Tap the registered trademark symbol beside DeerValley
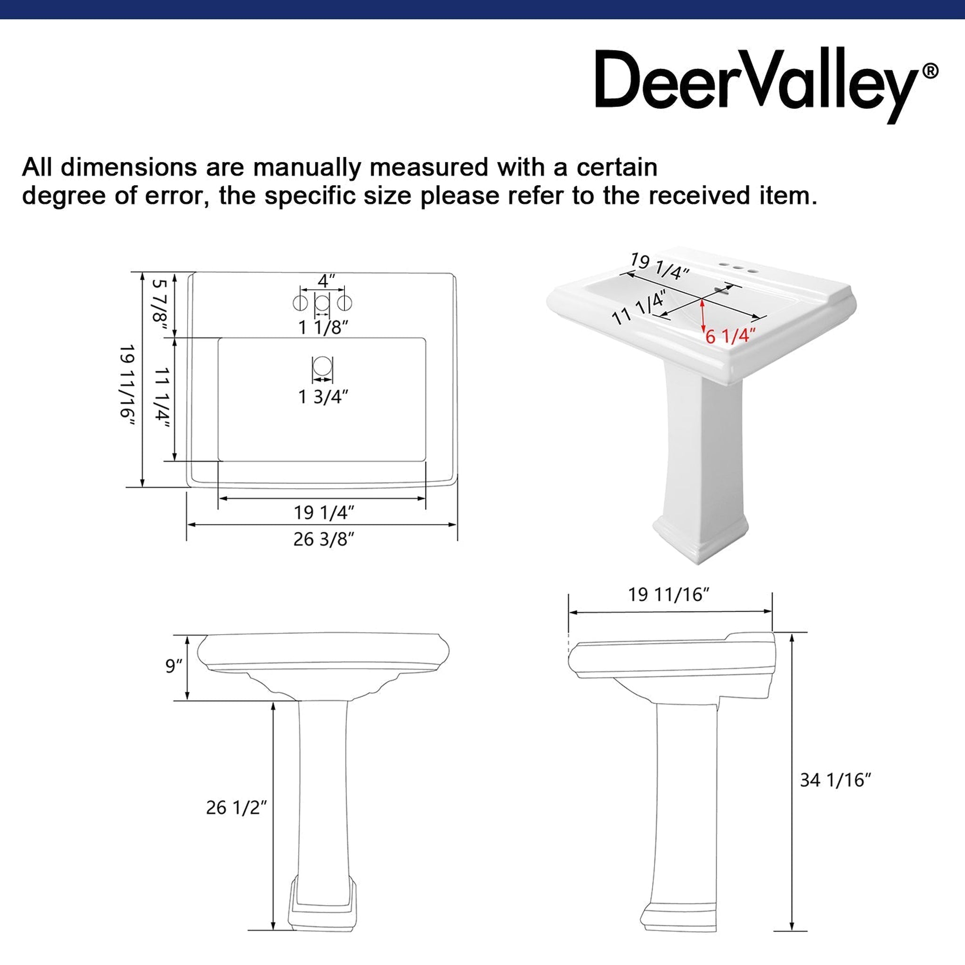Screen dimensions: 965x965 tap(930, 71)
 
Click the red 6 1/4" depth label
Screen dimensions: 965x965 tap(730, 335)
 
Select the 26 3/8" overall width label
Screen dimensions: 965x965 tap(324, 540)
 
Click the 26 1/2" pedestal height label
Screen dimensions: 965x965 tap(236, 808)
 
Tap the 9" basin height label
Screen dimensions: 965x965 tap(174, 666)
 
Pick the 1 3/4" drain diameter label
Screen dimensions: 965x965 tap(323, 397)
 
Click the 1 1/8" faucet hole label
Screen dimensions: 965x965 tap(323, 327)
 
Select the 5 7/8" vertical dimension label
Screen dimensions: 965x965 tap(160, 301)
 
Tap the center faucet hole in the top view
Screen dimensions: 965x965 tap(322, 303)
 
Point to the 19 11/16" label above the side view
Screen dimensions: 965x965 tap(669, 594)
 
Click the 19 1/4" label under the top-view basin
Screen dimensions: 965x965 tap(324, 513)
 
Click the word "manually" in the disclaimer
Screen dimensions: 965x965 tap(307, 168)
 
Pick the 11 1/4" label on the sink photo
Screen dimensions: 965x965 tap(639, 308)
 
